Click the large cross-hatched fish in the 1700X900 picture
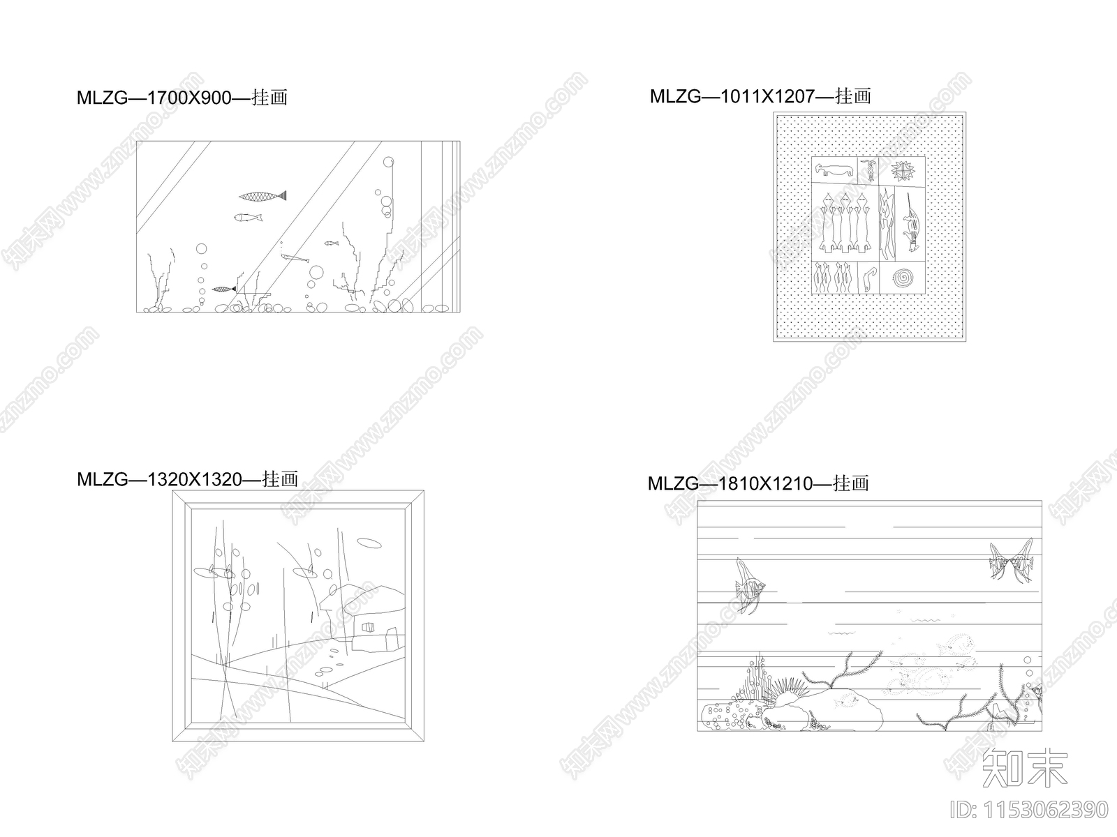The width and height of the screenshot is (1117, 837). [262, 196]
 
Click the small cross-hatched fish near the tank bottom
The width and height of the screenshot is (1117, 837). [224, 289]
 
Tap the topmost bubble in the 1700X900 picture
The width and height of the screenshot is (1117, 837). [388, 162]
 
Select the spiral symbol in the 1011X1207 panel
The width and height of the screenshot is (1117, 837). [903, 278]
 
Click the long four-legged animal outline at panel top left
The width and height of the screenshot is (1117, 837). [834, 169]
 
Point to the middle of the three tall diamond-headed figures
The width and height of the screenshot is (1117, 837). [845, 223]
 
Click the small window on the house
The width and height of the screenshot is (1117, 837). [367, 628]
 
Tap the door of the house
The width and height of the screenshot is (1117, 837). [392, 638]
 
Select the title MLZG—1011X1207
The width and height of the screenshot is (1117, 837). [733, 96]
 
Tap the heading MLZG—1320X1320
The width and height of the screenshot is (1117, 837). [159, 479]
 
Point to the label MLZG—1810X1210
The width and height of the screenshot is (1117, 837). [730, 483]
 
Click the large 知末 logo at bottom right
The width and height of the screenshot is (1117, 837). [1024, 767]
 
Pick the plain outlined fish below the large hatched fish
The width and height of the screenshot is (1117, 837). [248, 218]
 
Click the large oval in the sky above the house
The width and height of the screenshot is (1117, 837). [369, 543]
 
